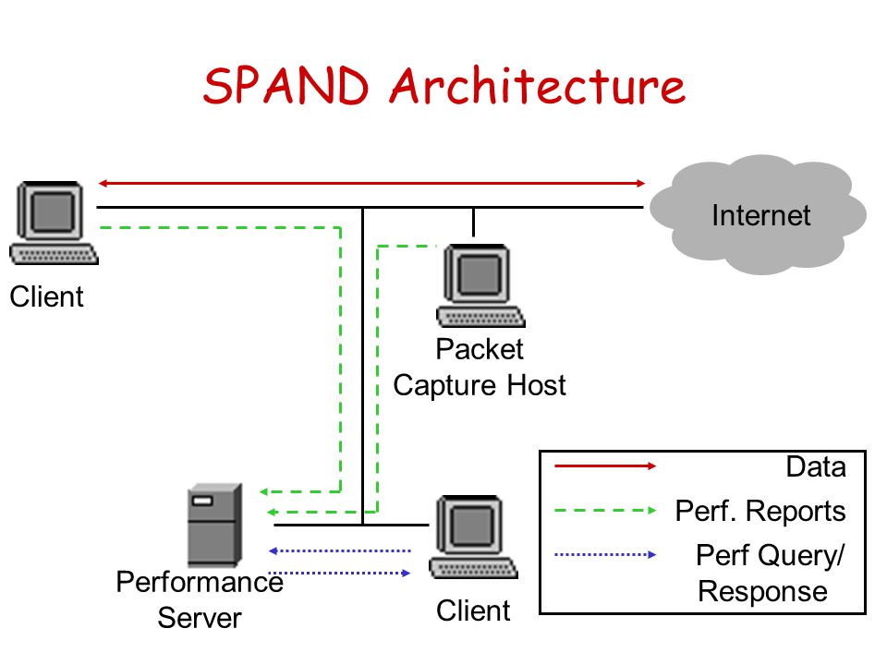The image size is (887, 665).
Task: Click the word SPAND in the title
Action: (x=286, y=85)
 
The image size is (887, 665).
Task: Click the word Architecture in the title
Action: (x=538, y=85)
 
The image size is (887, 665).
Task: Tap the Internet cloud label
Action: (x=760, y=215)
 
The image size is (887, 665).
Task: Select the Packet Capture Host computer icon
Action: (x=480, y=285)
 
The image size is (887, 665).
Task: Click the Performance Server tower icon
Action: (x=215, y=525)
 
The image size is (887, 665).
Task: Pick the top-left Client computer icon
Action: (x=54, y=223)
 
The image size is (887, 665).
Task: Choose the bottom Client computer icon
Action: (x=473, y=537)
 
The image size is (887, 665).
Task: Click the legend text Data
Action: (x=816, y=467)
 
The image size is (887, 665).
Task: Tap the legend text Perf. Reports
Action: (x=760, y=511)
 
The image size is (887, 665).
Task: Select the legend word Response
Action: (x=762, y=591)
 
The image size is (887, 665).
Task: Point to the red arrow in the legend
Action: (x=605, y=465)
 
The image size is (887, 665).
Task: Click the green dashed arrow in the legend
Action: (x=605, y=510)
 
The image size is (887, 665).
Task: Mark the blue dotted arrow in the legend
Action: (x=605, y=555)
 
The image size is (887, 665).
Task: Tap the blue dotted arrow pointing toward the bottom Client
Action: (x=339, y=573)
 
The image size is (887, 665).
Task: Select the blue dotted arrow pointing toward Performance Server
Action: (x=339, y=550)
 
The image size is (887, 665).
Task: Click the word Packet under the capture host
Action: (x=480, y=349)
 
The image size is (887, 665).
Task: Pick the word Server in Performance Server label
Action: (x=200, y=618)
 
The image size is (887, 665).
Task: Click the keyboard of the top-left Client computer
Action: (x=55, y=255)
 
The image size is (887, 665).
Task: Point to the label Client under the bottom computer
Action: (x=473, y=611)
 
